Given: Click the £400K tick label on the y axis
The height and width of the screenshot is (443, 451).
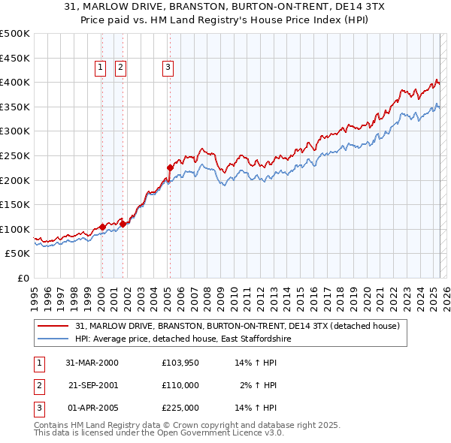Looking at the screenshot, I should (x=15, y=82).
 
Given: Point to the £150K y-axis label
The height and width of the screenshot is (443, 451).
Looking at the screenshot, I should (x=15, y=204).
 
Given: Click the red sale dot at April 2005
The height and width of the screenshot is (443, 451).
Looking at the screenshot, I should (x=170, y=167).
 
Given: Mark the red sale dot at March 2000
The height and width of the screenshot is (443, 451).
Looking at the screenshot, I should (x=102, y=227).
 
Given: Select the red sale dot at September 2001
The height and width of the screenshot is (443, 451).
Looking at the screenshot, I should (x=123, y=224).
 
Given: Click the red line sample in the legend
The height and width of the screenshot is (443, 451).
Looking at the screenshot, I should (x=54, y=326).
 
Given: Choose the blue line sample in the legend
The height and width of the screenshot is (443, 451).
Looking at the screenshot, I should (x=54, y=339).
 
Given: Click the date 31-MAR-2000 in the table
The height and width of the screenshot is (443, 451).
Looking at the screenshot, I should (x=92, y=363).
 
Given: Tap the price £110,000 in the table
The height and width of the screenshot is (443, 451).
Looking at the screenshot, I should (x=180, y=385).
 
